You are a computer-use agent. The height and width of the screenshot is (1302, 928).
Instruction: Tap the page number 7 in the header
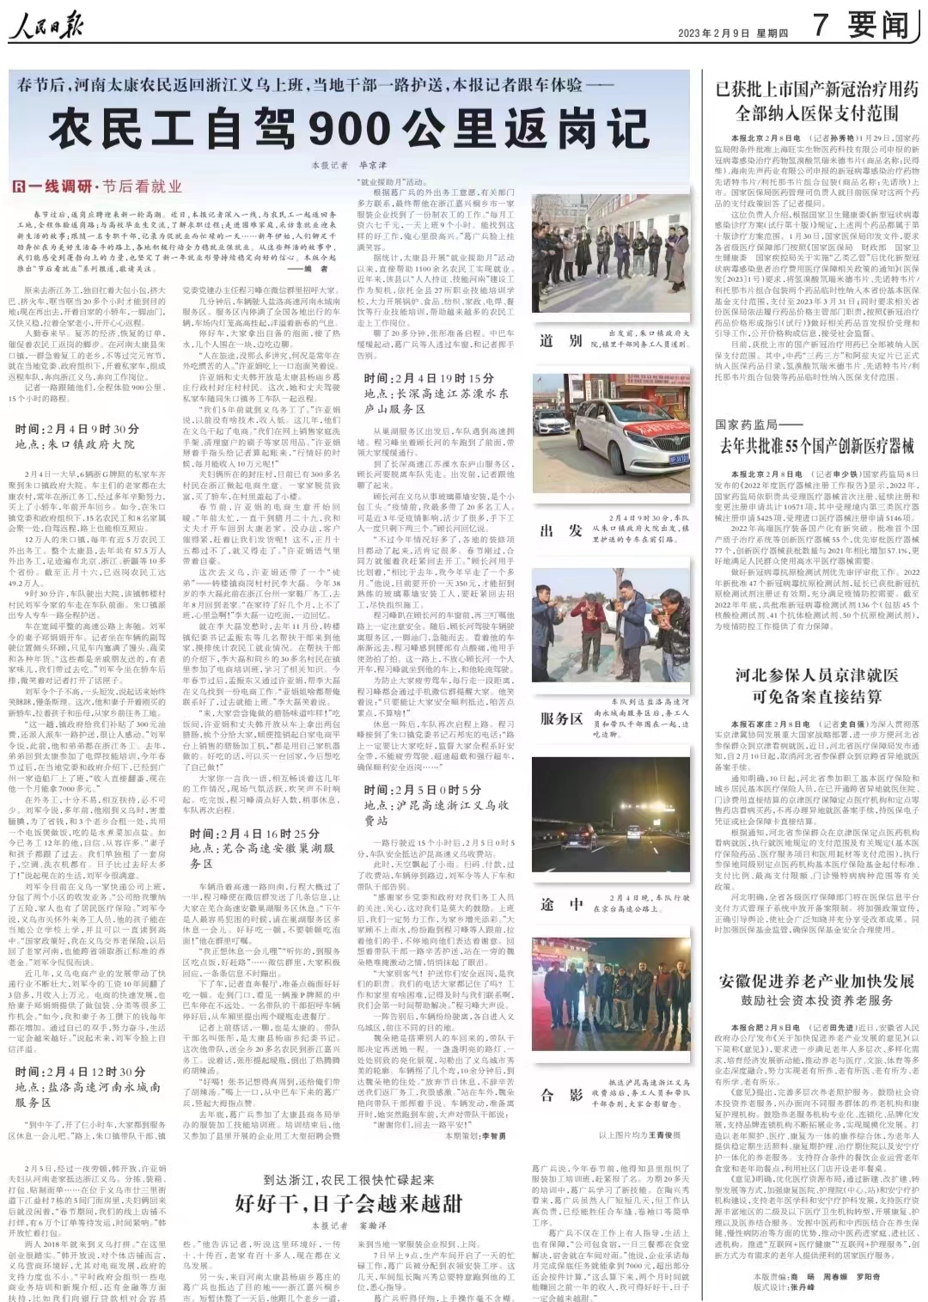pyautogui.click(x=821, y=26)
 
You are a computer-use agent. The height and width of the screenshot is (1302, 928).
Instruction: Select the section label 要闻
pyautogui.click(x=877, y=26)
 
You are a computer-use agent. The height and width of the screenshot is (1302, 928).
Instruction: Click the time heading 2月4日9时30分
pyautogui.click(x=76, y=429)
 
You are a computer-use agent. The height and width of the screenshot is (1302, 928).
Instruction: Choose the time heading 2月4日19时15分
pyautogui.click(x=429, y=378)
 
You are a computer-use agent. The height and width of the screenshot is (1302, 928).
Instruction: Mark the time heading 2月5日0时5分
pyautogui.click(x=423, y=790)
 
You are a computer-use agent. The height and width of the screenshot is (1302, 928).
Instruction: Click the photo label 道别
pyautogui.click(x=561, y=340)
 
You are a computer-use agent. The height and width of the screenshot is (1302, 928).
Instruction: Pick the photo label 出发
pyautogui.click(x=561, y=530)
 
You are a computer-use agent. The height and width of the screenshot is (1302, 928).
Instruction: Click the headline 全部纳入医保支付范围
pyautogui.click(x=816, y=113)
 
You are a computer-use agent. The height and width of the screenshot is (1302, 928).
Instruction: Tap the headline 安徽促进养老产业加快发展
pyautogui.click(x=816, y=981)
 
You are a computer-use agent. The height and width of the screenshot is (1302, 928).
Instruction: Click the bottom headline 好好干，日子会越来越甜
pyautogui.click(x=349, y=1201)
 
